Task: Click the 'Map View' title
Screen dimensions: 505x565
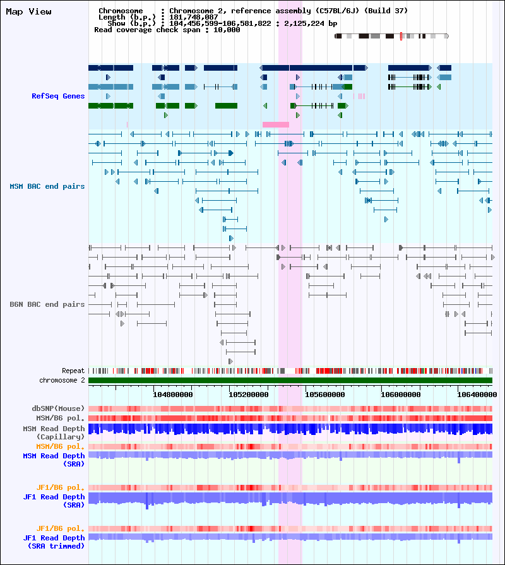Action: point(29,11)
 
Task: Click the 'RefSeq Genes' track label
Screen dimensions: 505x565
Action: point(58,96)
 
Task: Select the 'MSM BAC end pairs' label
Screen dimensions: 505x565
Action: point(47,186)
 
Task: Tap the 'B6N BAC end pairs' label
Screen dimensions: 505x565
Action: point(47,304)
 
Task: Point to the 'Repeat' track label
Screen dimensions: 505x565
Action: point(73,371)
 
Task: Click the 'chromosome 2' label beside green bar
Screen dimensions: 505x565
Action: point(62,380)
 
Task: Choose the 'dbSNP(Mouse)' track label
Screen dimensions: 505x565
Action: point(58,408)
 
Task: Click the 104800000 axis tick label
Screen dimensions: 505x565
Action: point(173,395)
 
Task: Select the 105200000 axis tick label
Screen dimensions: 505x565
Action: point(249,395)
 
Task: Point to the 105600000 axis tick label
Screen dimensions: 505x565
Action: point(325,395)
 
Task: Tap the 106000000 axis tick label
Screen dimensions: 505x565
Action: point(401,395)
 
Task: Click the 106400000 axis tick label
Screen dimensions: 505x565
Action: point(477,395)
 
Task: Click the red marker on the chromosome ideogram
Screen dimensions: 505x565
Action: point(401,36)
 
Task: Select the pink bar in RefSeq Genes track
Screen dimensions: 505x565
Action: point(276,124)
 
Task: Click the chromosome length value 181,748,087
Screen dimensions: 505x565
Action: point(194,17)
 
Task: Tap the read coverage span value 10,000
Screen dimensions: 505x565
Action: point(227,30)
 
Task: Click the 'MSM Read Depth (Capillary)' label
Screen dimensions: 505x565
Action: point(54,433)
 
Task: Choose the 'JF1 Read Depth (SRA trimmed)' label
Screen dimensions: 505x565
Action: point(54,542)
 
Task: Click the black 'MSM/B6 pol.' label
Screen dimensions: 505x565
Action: point(60,418)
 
